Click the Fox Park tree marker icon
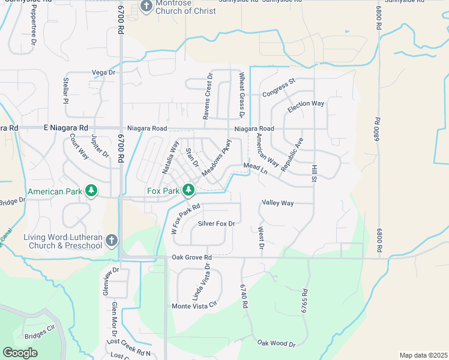coord(188,190)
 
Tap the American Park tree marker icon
coord(91,191)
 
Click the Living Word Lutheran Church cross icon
coord(111,241)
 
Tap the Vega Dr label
coord(103,73)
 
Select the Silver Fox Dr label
coord(215,223)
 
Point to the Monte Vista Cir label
coord(194,306)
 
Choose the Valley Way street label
coord(277,203)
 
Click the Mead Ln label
coord(255,168)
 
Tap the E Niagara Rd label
coord(66,128)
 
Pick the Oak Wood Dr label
coord(277,343)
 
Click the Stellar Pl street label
coord(66,91)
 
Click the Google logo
coord(20,352)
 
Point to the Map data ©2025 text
coord(423,355)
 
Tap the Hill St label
coord(313,171)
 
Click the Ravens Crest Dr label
coord(206,95)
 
